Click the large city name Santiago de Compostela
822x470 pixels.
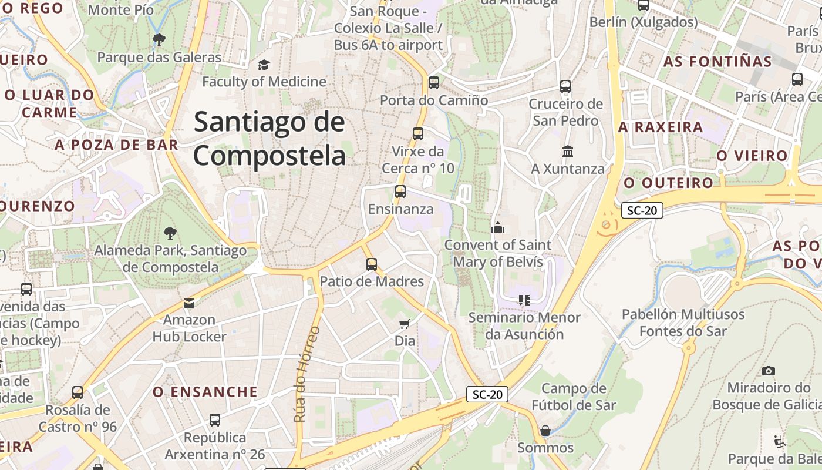point(269,139)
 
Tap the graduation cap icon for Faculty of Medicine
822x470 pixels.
point(264,65)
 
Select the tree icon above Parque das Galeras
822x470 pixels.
point(159,40)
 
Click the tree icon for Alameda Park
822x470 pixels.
point(170,233)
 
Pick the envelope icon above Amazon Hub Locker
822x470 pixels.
point(189,303)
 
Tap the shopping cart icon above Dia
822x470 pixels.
point(404,324)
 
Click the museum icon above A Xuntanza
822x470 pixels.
point(567,152)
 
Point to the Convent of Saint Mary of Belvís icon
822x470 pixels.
point(498,227)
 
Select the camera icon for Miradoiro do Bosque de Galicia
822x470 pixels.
point(768,371)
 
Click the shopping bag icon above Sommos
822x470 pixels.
point(545,431)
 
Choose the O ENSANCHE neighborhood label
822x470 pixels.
point(206,392)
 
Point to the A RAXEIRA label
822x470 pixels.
point(661,127)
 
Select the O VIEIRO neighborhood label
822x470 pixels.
point(752,156)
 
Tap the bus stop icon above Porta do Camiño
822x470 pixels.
point(434,83)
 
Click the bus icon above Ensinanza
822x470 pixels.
point(400,192)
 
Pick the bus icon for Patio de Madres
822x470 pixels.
point(372,264)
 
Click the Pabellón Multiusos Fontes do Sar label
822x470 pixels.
point(683,323)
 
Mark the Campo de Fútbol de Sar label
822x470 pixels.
point(574,397)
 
